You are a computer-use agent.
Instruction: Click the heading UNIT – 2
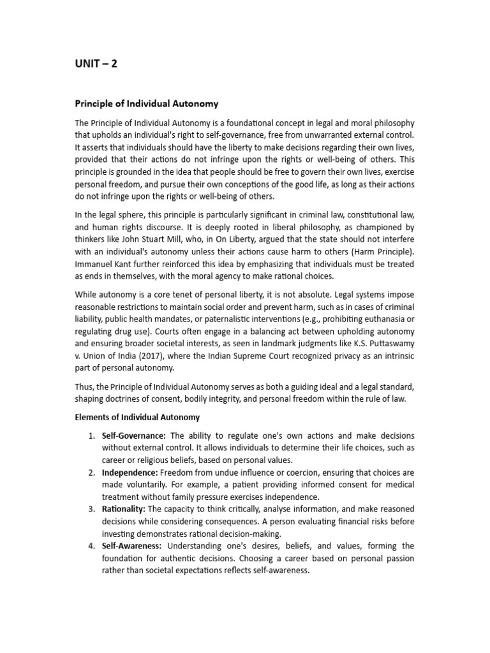[96, 64]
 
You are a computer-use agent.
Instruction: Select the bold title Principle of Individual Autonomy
[147, 103]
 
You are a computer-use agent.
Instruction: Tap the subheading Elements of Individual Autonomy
[137, 417]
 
